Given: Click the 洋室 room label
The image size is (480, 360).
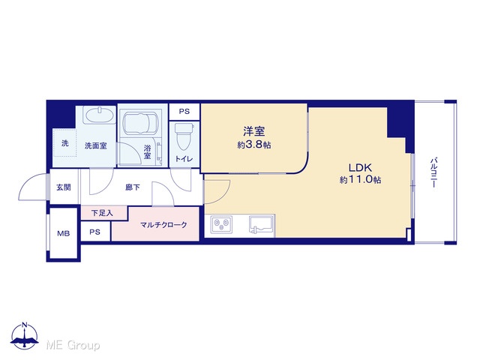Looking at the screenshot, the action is tap(253, 131).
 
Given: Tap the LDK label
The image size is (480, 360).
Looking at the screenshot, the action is tap(360, 167).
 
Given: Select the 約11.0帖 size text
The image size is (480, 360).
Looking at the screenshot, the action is tap(360, 179).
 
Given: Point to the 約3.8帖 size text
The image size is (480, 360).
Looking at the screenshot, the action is tap(253, 145).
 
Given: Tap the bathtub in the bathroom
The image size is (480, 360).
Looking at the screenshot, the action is tap(142, 123).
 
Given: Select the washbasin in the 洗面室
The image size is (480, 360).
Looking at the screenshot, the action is tap(100, 115).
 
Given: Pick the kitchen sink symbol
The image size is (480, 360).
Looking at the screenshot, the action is tap(262, 225).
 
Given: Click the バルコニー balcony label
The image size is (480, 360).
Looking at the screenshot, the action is tap(433, 172).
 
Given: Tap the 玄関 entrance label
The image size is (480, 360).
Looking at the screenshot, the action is tap(64, 187).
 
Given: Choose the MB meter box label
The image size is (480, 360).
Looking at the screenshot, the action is tap(64, 233).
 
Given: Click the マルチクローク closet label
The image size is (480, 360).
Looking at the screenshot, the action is tap(163, 225).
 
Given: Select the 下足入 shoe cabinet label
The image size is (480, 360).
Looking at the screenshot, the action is tap(102, 213).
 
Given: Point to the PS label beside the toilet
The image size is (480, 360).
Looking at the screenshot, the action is tap(184, 112).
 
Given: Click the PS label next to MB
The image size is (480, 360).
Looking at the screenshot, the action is tap(95, 232).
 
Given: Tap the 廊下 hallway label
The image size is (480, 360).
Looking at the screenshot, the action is tap(133, 187).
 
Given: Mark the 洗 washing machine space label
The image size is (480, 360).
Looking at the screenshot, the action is tap(65, 143).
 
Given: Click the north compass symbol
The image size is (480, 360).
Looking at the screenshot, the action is tap(25, 335).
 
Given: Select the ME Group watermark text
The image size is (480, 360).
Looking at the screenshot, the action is tap(73, 345).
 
